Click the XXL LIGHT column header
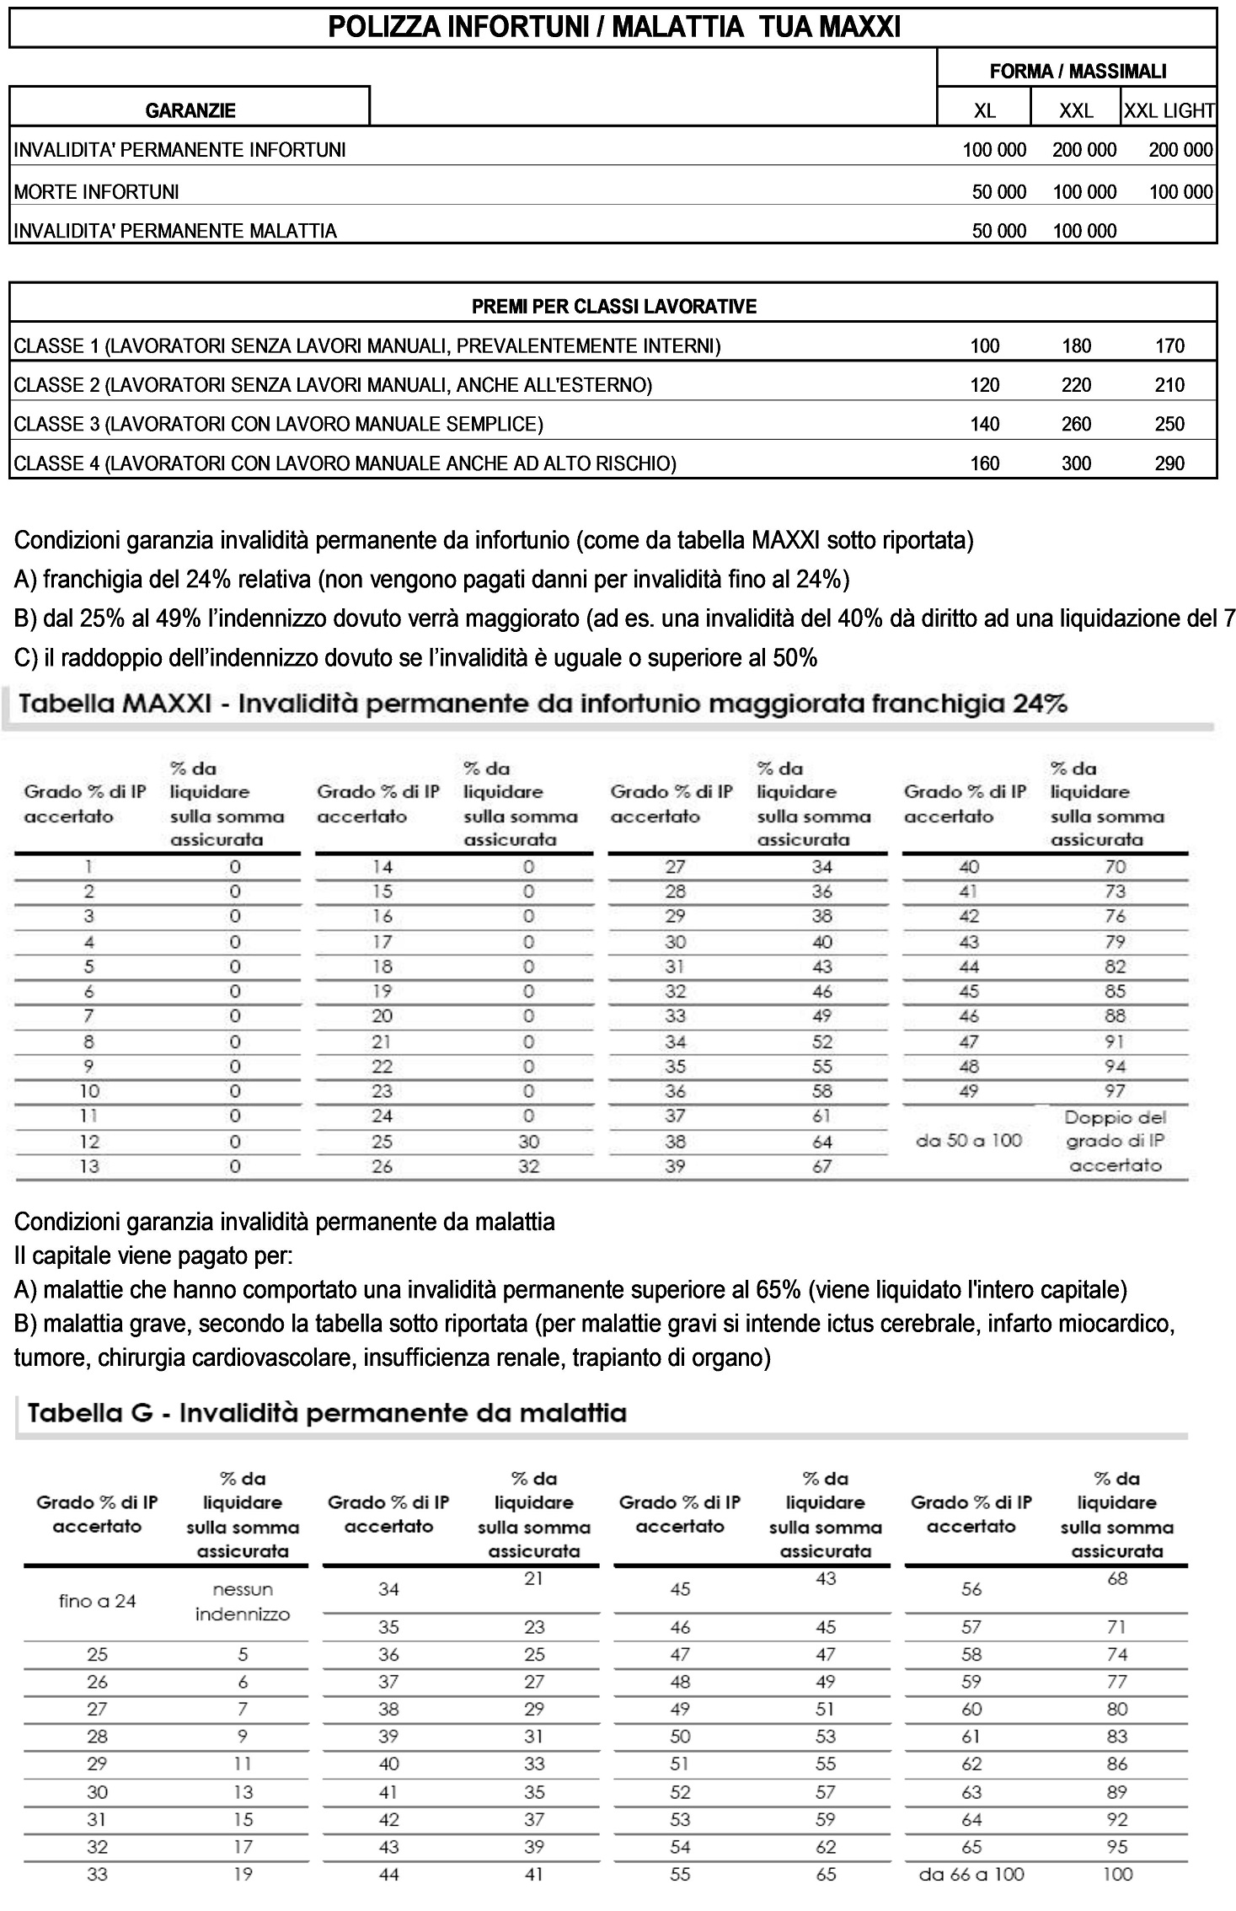coord(1169,110)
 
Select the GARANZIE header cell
coord(190,110)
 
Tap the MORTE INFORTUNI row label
coord(97,192)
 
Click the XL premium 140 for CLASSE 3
coord(984,424)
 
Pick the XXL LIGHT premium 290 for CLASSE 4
coord(1169,463)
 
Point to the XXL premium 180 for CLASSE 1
coord(1076,346)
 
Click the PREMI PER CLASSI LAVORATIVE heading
coord(613,307)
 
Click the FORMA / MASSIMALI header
coord(1078,72)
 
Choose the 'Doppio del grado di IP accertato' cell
coord(1115,1141)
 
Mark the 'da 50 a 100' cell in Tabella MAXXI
coord(968,1141)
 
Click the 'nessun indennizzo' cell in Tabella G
coord(242,1602)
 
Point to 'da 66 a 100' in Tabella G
coord(971,1875)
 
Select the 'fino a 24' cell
coord(97,1602)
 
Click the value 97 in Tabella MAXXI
coord(1115,1091)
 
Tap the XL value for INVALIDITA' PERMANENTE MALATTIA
coord(998,231)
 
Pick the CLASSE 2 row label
coord(333,386)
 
